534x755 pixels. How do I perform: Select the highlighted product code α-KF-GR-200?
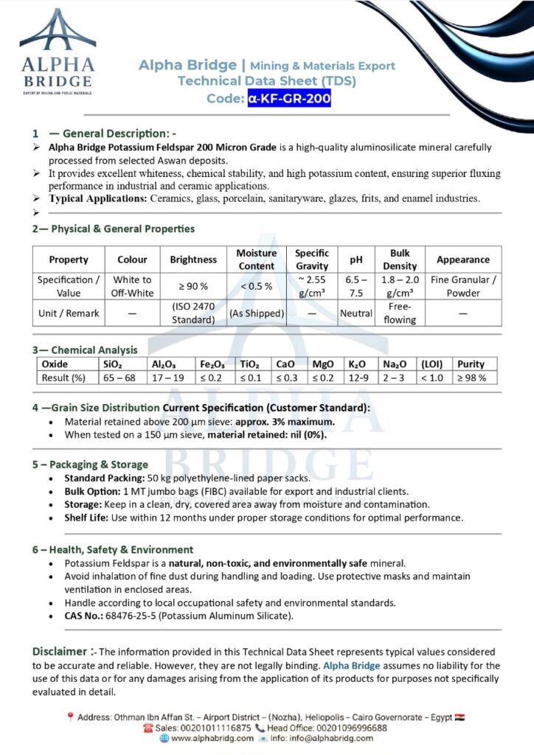tap(289, 98)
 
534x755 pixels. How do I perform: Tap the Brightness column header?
tap(193, 260)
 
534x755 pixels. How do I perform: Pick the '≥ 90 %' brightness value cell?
tap(193, 286)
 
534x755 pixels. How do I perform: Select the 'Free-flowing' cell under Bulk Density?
tap(400, 313)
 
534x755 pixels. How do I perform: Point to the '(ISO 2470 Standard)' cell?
tap(193, 313)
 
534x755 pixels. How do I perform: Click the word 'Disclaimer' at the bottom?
tap(60, 651)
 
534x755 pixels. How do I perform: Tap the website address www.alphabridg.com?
tap(212, 738)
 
